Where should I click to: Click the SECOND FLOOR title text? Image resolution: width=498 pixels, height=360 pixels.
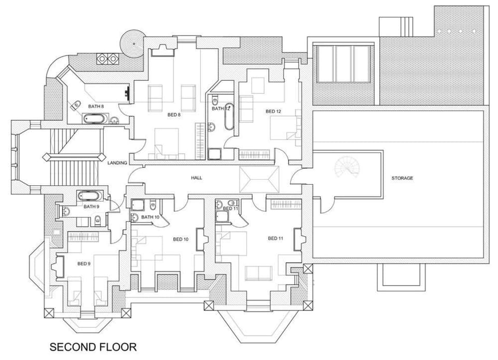pos(93,347)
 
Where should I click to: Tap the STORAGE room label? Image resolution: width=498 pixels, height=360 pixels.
pos(402,178)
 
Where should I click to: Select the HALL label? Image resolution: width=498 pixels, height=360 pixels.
pos(197,178)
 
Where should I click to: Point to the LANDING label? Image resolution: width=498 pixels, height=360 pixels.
pos(117,163)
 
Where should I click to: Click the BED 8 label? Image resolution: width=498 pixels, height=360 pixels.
pos(174,115)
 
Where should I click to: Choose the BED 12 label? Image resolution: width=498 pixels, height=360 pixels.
pos(273,112)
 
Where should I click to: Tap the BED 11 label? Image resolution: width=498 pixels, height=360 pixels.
pos(275,239)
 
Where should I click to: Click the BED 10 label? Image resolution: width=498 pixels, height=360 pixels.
pos(181,239)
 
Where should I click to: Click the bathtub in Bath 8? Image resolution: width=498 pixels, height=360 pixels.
pos(94,119)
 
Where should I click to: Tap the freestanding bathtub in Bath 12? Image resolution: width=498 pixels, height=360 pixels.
pos(229,117)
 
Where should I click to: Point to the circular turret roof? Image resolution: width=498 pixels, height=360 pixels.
pos(134,43)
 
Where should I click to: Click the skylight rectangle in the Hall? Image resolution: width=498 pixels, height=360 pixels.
pos(259,179)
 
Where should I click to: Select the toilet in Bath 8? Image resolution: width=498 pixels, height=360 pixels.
pos(76,105)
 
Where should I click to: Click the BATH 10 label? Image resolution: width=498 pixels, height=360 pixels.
pos(150,217)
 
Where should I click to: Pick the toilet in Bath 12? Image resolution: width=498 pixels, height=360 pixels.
pos(215,101)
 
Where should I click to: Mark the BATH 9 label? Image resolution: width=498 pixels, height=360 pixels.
pos(91,206)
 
